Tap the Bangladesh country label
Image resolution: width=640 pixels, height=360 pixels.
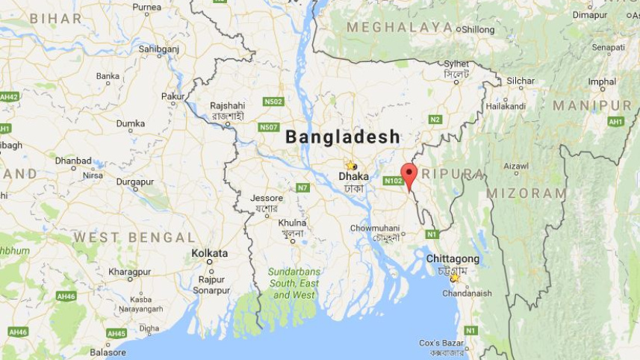[x=343, y=137]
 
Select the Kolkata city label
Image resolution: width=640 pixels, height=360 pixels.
[x=209, y=253]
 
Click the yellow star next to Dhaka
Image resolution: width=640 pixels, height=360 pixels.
[x=349, y=165]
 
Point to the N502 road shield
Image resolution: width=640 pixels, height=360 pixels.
[x=273, y=102]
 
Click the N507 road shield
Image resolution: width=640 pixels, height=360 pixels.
[x=269, y=127]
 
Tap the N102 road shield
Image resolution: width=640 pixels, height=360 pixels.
[x=393, y=181]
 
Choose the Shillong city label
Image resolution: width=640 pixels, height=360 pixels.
[x=478, y=29]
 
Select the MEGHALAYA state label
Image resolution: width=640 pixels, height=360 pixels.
[x=400, y=28]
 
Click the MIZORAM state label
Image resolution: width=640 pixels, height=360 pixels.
[x=526, y=193]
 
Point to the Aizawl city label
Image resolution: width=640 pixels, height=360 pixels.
[x=516, y=166]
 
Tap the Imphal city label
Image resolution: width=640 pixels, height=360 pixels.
[x=602, y=81]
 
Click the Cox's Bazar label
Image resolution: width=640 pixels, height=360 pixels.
[x=441, y=343]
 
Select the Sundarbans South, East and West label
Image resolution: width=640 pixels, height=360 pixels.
[x=294, y=283]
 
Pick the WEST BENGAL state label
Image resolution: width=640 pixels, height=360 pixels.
[x=134, y=238]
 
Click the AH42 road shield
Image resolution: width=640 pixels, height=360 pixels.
[x=9, y=97]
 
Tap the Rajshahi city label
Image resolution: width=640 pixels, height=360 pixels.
[x=227, y=105]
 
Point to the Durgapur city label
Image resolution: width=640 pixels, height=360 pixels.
[x=134, y=181]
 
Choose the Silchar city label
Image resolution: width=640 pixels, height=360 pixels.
[x=521, y=81]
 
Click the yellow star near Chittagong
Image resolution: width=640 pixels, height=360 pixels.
[x=454, y=278]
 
